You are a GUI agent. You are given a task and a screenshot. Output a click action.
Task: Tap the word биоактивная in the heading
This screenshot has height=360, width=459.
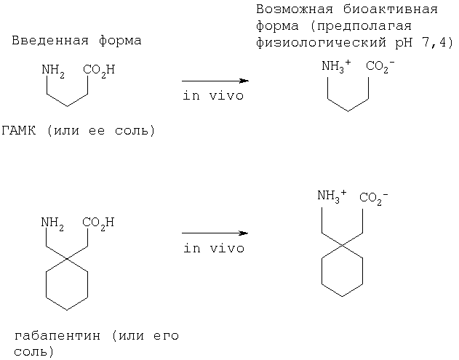(x=391, y=9)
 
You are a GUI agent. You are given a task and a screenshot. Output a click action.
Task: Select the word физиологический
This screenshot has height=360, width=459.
(x=321, y=43)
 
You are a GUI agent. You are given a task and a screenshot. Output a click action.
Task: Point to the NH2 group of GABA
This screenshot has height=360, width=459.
(x=53, y=71)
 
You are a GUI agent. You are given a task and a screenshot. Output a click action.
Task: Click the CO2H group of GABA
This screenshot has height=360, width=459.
(x=99, y=71)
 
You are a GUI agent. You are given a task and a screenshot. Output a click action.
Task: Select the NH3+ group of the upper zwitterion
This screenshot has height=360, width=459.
(x=336, y=66)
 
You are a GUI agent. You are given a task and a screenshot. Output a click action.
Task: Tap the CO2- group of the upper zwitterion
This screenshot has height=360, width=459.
(x=380, y=66)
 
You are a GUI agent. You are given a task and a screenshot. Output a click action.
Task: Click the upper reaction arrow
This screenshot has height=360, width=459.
(x=215, y=81)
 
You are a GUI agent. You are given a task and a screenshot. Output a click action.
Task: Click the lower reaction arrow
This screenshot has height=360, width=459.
(x=215, y=233)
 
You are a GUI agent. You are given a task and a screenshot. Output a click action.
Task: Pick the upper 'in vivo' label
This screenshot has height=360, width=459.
(x=213, y=96)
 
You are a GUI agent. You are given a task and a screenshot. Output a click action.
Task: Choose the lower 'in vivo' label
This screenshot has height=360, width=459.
(x=214, y=248)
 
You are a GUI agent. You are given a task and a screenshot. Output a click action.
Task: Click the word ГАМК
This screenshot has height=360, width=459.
(x=19, y=130)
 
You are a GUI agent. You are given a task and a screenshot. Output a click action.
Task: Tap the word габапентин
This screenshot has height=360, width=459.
(x=57, y=335)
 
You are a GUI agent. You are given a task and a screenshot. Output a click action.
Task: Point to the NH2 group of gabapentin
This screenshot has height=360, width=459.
(x=52, y=223)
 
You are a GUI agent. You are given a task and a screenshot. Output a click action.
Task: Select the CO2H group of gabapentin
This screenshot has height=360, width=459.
(x=98, y=223)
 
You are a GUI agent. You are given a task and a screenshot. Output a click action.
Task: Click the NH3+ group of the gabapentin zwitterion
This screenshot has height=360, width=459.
(x=332, y=196)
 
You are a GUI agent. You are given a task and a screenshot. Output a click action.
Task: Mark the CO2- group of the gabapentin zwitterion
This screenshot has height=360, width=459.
(x=374, y=198)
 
